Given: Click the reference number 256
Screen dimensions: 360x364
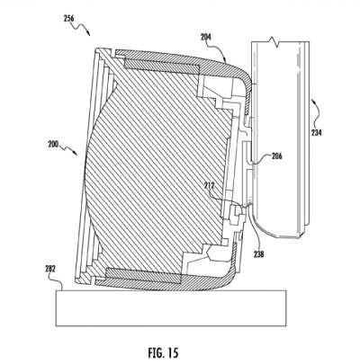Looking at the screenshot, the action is (68, 18).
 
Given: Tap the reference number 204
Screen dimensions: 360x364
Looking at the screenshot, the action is (206, 37).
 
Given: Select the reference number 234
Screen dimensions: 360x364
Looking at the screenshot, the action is (316, 132).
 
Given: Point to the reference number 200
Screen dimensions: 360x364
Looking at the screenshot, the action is (53, 143).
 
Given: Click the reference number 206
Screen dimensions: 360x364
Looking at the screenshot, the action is (277, 155).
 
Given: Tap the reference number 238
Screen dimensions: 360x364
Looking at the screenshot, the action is (258, 254).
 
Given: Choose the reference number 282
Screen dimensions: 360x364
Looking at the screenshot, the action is (50, 269).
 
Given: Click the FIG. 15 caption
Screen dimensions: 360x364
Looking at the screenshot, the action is (163, 352).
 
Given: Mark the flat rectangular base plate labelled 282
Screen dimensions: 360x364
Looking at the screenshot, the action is (171, 307).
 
